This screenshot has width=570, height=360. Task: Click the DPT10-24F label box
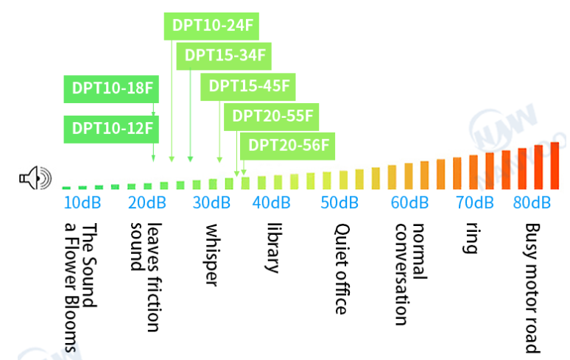pos(211,25)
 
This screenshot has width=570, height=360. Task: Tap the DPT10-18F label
pos(112,88)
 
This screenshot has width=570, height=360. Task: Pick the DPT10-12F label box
pos(112,128)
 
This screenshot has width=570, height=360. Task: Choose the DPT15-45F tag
pos(249,86)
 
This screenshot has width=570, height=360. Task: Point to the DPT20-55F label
pos(272,116)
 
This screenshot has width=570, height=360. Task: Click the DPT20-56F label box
pos(288,145)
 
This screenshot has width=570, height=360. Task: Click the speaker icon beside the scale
pos(36,178)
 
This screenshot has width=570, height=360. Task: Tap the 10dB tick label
pos(82,202)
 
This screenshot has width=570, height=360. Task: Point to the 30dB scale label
pos(211,202)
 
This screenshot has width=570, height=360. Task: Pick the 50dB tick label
pos(339,202)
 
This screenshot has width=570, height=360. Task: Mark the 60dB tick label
pos(409,202)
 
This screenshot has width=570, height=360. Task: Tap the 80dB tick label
pos(532,202)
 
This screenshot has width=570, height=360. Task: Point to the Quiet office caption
pos(340,269)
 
